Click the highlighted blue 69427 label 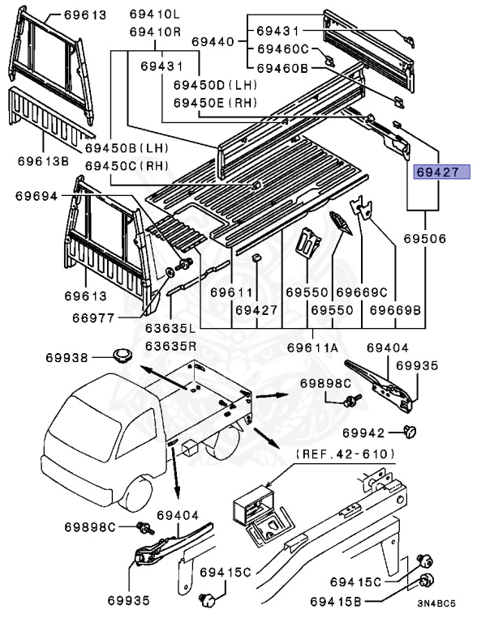click(x=438, y=173)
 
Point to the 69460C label click(x=283, y=49)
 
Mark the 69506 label click(x=425, y=240)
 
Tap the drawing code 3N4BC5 click(x=436, y=604)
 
